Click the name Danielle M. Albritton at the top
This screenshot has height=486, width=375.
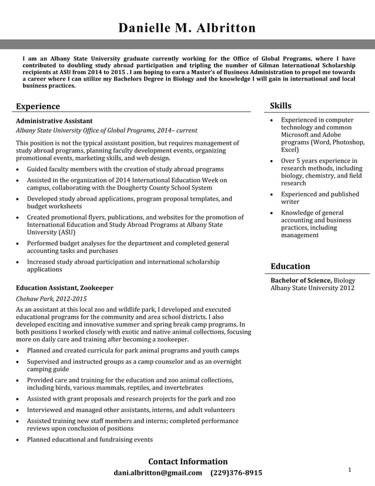click(x=187, y=28)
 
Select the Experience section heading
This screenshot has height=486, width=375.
click(x=38, y=106)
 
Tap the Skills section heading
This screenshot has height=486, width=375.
click(x=280, y=106)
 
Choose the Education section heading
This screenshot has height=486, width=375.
click(x=290, y=267)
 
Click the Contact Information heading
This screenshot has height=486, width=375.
click(x=187, y=461)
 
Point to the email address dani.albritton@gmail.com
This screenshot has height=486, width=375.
click(x=158, y=473)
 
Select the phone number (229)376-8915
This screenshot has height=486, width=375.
click(x=236, y=473)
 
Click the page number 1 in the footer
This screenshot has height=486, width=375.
click(x=350, y=470)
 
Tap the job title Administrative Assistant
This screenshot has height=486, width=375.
click(x=54, y=121)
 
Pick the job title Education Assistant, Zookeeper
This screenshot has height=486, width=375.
click(x=65, y=288)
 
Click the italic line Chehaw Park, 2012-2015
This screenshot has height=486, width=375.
click(x=51, y=299)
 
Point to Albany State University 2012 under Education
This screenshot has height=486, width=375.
click(x=312, y=288)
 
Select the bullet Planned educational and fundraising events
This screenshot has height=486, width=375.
click(x=90, y=440)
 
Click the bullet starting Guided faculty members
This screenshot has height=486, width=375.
click(x=125, y=169)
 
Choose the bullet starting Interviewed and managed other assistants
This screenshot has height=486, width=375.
click(x=131, y=410)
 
